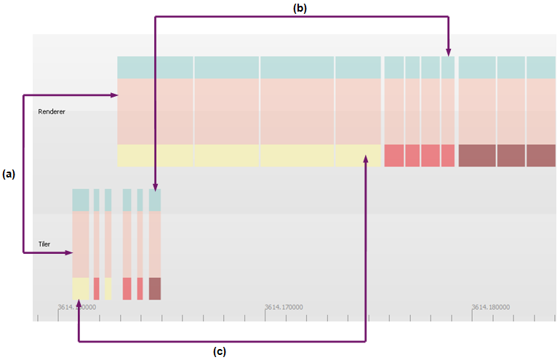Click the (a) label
[x=9, y=174]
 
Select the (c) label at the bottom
[x=220, y=352]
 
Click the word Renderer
[x=52, y=111]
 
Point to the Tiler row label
[x=44, y=244]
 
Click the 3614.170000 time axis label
[x=284, y=307]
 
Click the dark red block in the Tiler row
[x=154, y=288]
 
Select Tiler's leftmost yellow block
[x=80, y=288]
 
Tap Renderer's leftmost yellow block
[x=155, y=156]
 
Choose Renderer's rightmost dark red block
[x=540, y=156]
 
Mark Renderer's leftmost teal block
[x=155, y=67]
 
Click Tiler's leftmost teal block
[x=80, y=200]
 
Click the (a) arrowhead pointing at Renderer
[x=113, y=95]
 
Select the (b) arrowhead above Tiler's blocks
[x=155, y=187]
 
